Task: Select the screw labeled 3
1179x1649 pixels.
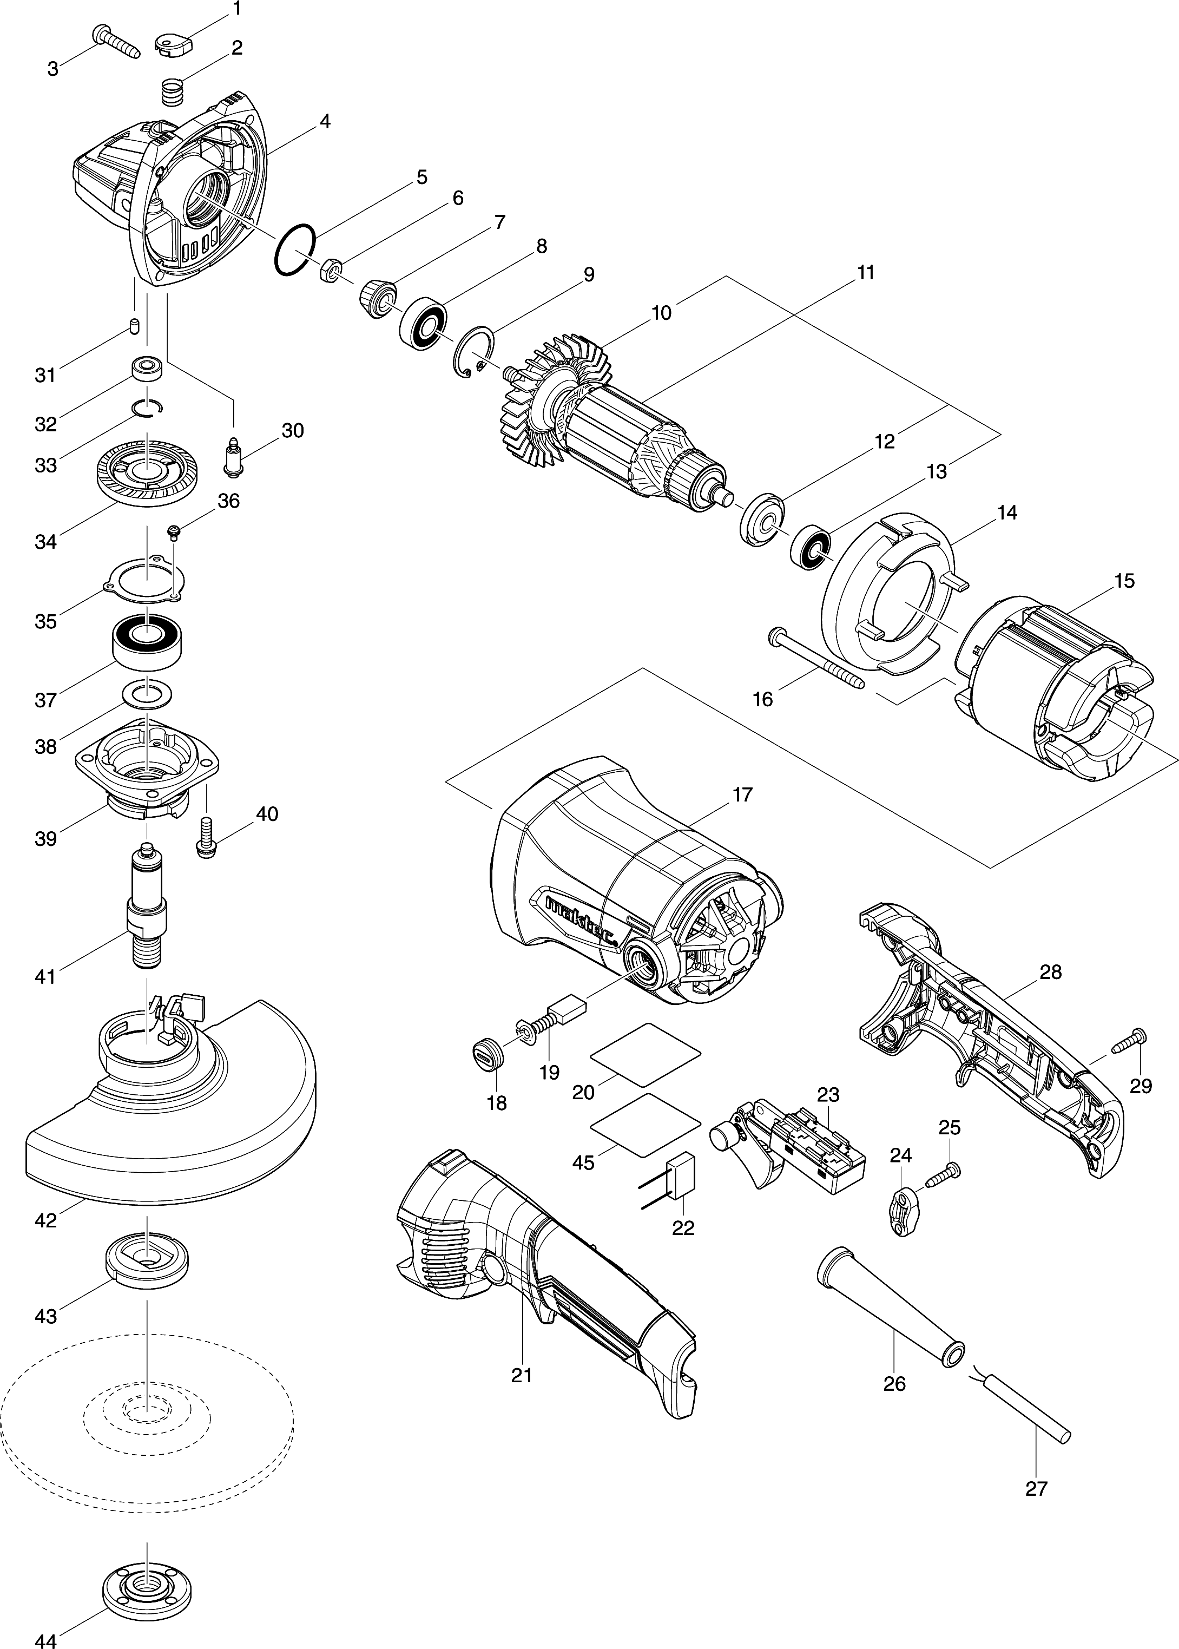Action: [116, 41]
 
